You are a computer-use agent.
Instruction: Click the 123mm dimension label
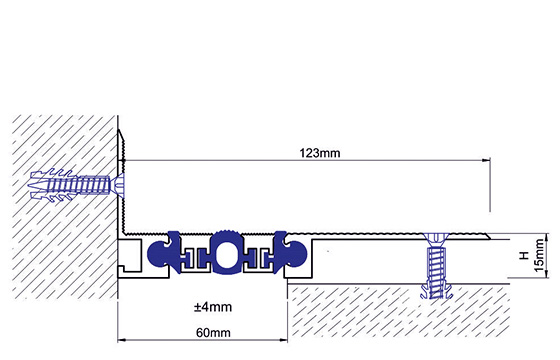point(320,153)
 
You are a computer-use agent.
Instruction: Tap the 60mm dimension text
point(213,333)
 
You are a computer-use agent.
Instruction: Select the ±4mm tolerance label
point(213,307)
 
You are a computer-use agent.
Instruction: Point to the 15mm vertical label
point(539,255)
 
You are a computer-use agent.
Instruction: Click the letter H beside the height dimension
point(524,255)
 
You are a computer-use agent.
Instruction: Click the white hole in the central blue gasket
point(225,254)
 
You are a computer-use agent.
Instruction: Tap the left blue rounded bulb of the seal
point(159,253)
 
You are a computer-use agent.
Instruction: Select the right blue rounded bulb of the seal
point(295,253)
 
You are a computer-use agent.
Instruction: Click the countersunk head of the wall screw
point(119,185)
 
